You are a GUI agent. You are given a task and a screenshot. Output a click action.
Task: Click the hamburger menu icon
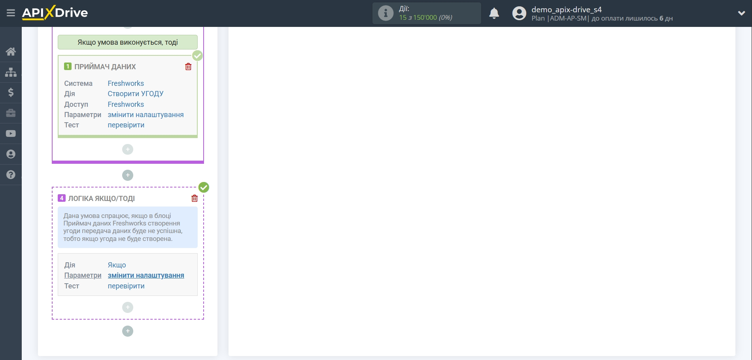point(11,13)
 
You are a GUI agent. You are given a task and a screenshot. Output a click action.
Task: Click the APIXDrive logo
point(55,13)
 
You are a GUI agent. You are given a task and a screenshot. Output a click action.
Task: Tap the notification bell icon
point(494,13)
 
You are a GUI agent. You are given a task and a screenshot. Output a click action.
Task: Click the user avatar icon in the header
point(519,13)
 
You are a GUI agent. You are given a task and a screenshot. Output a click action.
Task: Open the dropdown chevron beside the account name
point(741,13)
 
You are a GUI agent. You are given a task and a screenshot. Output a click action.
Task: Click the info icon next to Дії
point(385,13)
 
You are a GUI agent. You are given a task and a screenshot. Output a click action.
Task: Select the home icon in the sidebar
point(11,51)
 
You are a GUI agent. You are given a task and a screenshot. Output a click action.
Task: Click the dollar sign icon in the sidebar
point(11,93)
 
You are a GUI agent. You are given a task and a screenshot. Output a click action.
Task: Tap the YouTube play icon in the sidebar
point(11,134)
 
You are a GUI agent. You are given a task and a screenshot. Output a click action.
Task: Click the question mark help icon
point(11,174)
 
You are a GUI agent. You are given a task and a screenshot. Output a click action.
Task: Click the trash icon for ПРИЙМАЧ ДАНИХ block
point(188,67)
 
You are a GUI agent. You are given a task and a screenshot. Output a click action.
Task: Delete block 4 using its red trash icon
point(195,198)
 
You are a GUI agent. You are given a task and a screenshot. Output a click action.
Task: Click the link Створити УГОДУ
point(135,94)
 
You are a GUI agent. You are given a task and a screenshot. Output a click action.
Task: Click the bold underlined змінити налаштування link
point(146,275)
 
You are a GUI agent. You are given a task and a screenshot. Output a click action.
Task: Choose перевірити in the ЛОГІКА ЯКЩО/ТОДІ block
point(126,286)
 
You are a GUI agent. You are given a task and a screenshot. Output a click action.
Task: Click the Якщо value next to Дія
point(117,265)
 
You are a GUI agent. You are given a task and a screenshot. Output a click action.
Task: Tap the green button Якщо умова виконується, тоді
point(127,42)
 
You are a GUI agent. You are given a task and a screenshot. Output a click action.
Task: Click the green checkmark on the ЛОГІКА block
point(204,187)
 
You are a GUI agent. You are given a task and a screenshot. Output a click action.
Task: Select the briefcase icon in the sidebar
point(11,113)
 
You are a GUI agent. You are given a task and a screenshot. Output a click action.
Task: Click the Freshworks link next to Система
point(126,83)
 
